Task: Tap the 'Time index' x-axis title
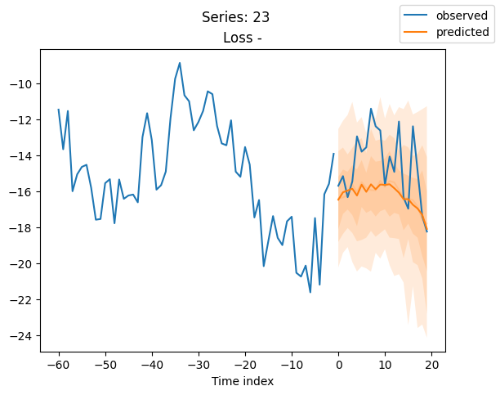[243, 381]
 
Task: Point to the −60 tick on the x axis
[59, 365]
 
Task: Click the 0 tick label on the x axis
[338, 365]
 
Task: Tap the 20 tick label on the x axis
[431, 365]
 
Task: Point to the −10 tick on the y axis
[21, 84]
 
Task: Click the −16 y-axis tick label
[21, 192]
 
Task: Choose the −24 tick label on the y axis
[21, 336]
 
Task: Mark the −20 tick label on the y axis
[21, 264]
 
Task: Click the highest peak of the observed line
[180, 63]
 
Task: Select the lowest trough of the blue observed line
[310, 292]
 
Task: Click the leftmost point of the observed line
[59, 110]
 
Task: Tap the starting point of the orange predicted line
[338, 200]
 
